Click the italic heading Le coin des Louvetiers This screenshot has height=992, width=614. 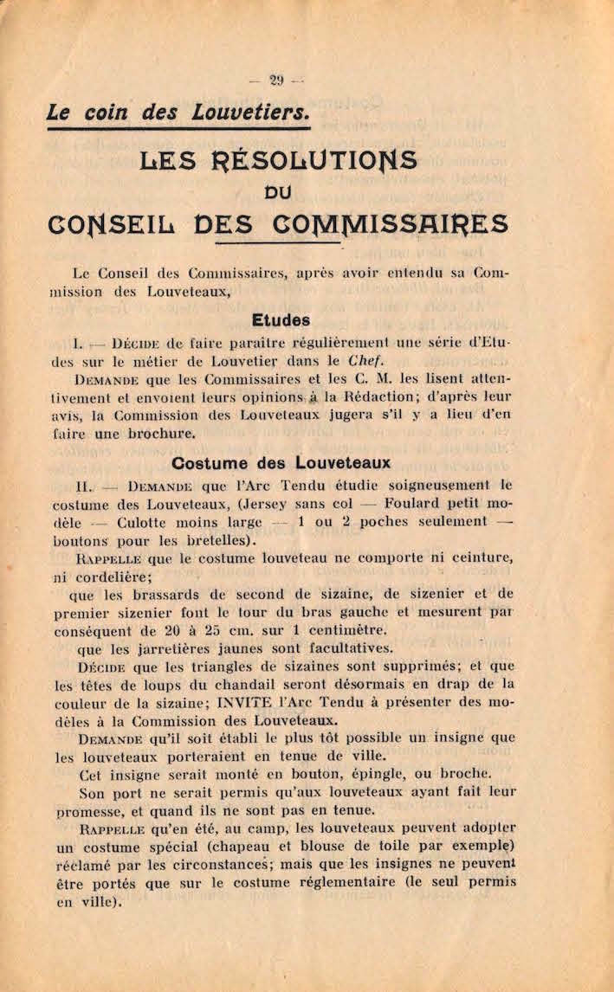pos(178,113)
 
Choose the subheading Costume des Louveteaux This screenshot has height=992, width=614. pos(281,463)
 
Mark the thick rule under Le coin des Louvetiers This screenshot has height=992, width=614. pos(178,129)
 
